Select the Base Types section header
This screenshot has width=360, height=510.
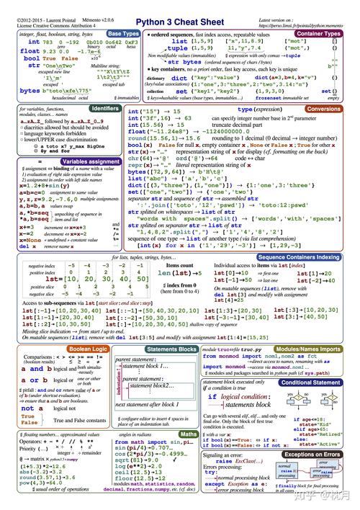(124, 34)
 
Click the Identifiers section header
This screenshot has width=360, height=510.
(106, 108)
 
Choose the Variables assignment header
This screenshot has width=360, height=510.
(91, 162)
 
